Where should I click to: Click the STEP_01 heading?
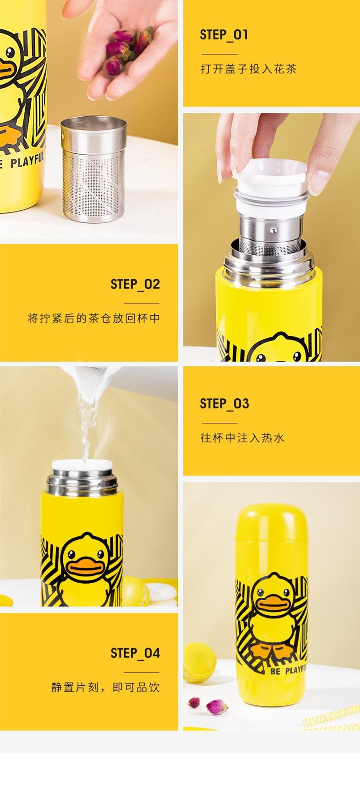click(x=224, y=35)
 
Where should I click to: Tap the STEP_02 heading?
click(x=135, y=284)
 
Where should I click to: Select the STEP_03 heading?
click(x=224, y=404)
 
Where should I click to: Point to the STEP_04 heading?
click(x=135, y=653)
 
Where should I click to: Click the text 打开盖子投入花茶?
click(x=249, y=69)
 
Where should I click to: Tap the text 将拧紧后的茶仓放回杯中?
click(x=94, y=318)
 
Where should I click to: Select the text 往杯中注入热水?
click(x=242, y=438)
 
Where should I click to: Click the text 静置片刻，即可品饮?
click(x=105, y=687)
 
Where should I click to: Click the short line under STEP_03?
click(x=220, y=423)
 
